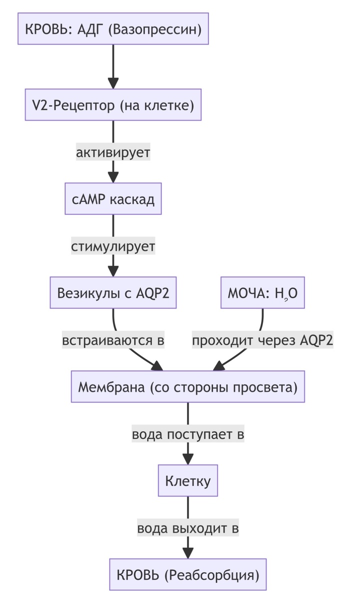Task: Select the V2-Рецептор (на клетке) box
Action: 113,105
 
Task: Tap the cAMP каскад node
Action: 113,199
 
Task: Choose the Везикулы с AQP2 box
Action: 113,293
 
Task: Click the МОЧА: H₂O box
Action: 262,293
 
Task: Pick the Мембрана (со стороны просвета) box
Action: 187,387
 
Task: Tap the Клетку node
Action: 187,481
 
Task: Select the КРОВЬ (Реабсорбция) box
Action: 187,575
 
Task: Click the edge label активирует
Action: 113,152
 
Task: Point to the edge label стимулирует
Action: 113,246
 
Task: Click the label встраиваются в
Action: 113,340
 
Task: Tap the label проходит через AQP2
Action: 262,340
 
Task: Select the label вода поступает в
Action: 187,434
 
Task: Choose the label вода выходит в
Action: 187,528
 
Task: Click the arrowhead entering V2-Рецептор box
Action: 113,83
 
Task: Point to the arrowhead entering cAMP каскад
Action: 113,178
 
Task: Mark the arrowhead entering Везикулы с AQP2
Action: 113,272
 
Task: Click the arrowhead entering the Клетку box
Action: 187,460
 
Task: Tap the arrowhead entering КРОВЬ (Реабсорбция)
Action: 187,553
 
